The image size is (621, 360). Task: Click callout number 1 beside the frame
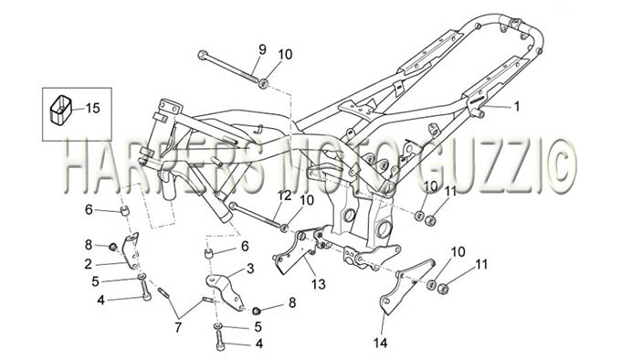[x=516, y=107]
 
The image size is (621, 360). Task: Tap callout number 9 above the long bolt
[x=262, y=50]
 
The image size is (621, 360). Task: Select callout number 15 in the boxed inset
[x=92, y=108]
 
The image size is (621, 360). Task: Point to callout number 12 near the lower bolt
[x=284, y=196]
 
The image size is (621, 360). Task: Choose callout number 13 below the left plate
[x=319, y=284]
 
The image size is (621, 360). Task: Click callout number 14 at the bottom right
[x=380, y=343]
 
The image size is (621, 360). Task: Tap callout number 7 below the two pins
[x=178, y=327]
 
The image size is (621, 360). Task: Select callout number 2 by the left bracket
[x=88, y=264]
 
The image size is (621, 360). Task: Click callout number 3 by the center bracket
[x=250, y=270]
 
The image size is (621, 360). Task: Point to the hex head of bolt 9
[x=202, y=54]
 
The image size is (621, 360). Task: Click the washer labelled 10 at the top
[x=263, y=83]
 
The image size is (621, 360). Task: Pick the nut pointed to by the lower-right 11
[x=442, y=289]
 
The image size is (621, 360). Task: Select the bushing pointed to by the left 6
[x=126, y=211]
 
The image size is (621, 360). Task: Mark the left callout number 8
[x=88, y=245]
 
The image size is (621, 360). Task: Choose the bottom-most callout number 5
[x=258, y=327]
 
